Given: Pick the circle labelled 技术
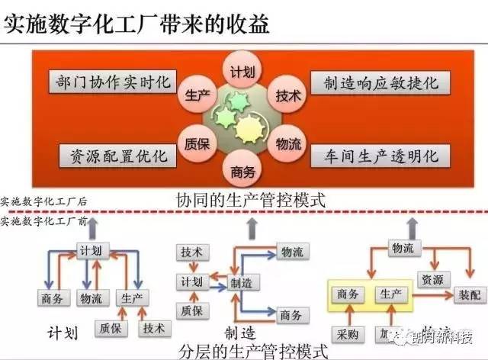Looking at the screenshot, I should click(x=287, y=98).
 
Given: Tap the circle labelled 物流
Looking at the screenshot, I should click(x=287, y=143).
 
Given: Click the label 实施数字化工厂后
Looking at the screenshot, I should click(x=44, y=202).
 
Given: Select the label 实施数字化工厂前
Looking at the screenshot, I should click(x=44, y=221).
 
